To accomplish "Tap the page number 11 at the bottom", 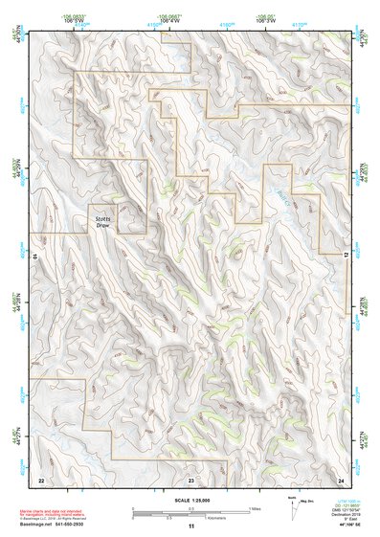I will click(x=190, y=526).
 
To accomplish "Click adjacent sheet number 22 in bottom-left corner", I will click(x=40, y=478).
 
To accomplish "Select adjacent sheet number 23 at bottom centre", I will click(x=190, y=478).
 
